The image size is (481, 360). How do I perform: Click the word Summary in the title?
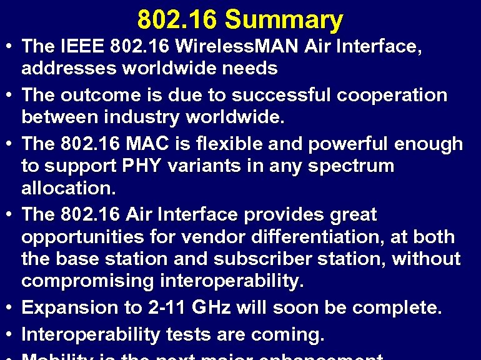[284, 20]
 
